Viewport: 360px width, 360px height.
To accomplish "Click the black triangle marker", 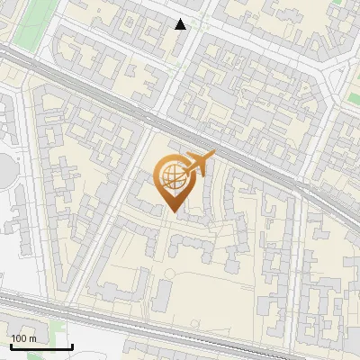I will [181, 24].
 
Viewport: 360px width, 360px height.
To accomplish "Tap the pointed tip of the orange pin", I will [172, 211].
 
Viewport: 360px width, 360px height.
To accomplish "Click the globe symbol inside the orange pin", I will [170, 177].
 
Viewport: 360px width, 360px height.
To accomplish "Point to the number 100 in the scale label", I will [19, 338].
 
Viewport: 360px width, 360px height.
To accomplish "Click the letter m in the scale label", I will [31, 338].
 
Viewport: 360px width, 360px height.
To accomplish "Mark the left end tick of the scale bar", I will [11, 346].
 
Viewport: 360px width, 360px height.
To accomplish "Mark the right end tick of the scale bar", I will [72, 346].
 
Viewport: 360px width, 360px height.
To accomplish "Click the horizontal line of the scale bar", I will [41, 348].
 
